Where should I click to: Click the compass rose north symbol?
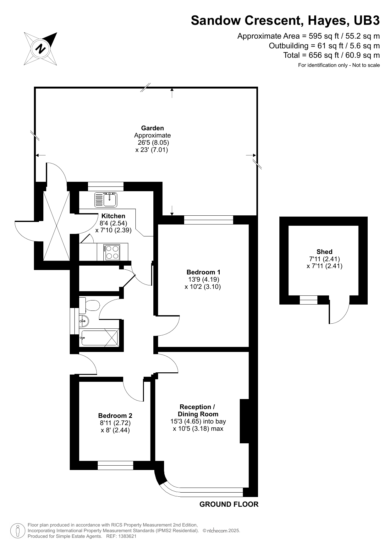click(x=41, y=49)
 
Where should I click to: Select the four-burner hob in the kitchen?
click(x=113, y=252)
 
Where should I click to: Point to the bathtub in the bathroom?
click(x=99, y=338)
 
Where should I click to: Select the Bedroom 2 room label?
click(x=115, y=415)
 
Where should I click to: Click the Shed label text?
click(x=324, y=251)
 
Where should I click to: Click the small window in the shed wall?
click(x=308, y=300)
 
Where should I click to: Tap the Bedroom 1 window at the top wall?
click(x=208, y=220)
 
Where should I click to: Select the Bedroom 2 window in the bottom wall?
click(x=115, y=465)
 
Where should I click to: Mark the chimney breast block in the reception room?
click(x=244, y=421)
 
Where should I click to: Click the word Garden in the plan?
click(x=152, y=128)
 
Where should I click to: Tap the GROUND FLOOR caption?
click(x=229, y=504)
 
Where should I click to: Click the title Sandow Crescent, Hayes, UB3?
click(x=285, y=21)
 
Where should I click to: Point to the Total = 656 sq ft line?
click(x=331, y=55)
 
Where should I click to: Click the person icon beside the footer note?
click(x=18, y=531)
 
